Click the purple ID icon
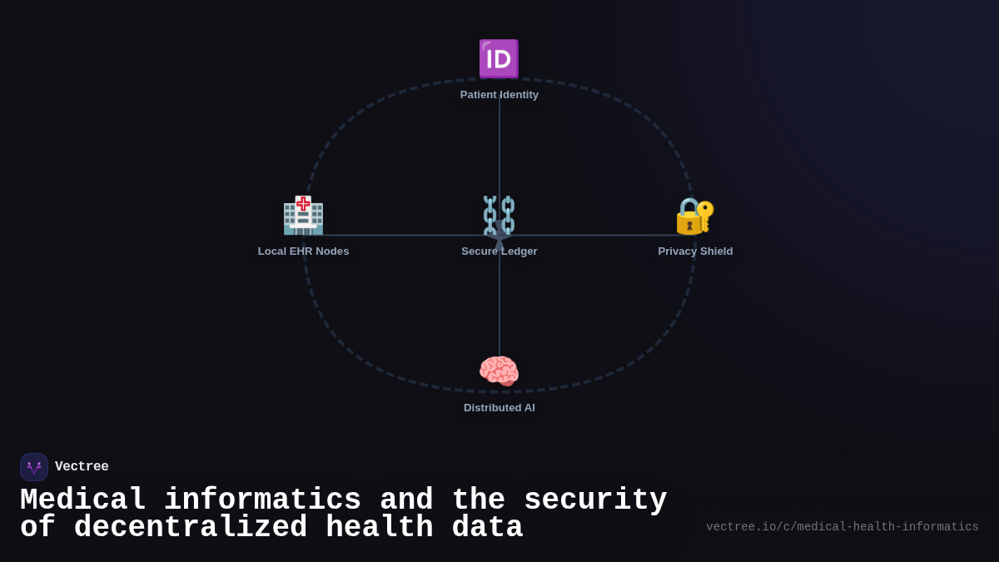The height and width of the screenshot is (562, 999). coord(499,59)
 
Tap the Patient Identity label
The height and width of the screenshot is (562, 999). coord(499,95)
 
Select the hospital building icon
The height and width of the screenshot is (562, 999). coord(303,216)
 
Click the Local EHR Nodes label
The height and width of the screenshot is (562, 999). coord(303,251)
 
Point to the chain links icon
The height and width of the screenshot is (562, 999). coord(499,216)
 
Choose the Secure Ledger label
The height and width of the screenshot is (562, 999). coord(499,251)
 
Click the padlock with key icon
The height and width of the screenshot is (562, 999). coord(694,216)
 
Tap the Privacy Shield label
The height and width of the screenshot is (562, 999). coord(695,251)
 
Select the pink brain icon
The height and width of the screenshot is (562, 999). coord(499,371)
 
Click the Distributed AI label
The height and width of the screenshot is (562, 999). coord(499,408)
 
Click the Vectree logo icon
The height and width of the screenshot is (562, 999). coord(34,467)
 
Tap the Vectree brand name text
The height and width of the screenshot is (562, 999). coord(82,467)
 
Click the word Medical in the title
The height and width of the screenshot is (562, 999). coord(82,500)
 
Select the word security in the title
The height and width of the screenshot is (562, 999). coord(595,500)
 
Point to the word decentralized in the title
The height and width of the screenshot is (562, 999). coord(191,528)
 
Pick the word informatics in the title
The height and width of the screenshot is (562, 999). coord(262,500)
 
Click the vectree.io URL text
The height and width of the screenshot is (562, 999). coord(842,527)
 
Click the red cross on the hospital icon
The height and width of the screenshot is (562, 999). coord(303,203)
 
